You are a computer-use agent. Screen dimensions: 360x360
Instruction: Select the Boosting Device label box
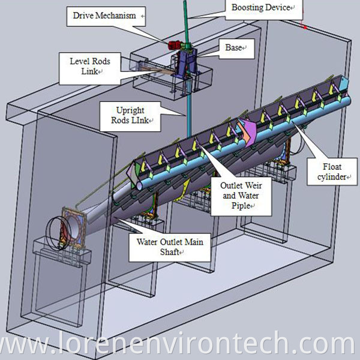260,7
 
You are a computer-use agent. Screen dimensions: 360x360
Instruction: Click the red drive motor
176,44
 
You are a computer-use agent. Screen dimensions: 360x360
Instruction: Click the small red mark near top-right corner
305,27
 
